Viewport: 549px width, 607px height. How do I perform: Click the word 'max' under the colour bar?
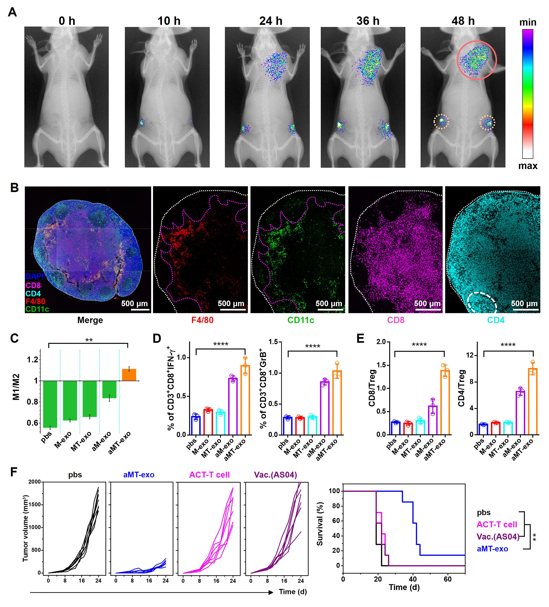[x=528, y=166]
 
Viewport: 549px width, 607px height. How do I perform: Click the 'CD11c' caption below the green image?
[x=300, y=320]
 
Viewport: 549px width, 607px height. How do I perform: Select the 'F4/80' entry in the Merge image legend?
[x=35, y=301]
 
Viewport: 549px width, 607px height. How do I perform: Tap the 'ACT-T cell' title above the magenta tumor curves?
[x=209, y=475]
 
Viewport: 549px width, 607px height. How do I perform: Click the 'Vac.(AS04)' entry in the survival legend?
[x=498, y=537]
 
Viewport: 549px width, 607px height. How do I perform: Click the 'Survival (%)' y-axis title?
[x=320, y=524]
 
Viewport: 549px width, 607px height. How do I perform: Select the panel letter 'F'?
[x=14, y=472]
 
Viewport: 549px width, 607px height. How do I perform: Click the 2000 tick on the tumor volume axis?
[x=34, y=482]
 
